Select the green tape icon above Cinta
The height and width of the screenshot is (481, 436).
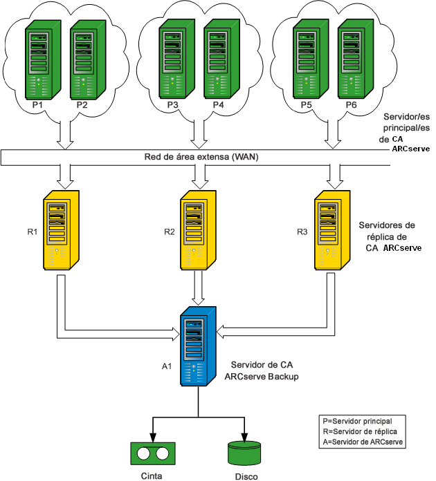[152, 453]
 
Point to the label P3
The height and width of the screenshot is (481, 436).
[173, 105]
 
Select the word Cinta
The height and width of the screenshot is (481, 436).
[152, 475]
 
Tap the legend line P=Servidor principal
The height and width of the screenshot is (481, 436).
[358, 420]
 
